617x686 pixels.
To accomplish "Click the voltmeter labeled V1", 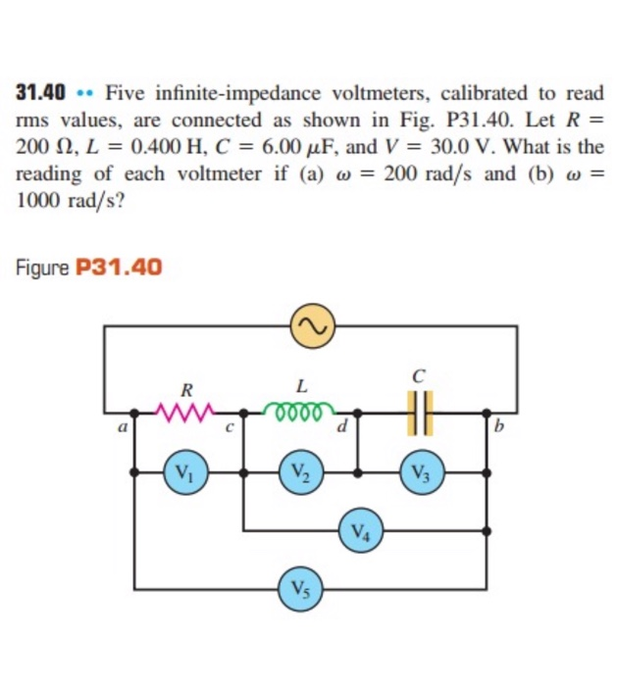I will click(x=183, y=471).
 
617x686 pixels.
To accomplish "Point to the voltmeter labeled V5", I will click(x=301, y=589).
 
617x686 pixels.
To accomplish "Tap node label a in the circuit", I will click(x=121, y=427).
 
